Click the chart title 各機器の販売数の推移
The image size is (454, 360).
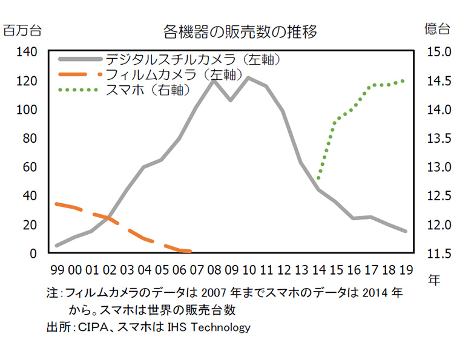240,31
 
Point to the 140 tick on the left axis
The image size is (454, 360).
28,52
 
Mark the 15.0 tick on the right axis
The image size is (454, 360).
436,52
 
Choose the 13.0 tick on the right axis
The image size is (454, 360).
436,167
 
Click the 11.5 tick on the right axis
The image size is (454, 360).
436,254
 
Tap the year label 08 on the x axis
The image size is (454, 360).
214,269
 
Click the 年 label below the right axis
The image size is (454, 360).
435,280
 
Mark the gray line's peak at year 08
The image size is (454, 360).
214,80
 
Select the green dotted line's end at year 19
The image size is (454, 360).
404,80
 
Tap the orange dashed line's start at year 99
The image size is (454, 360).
56,203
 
